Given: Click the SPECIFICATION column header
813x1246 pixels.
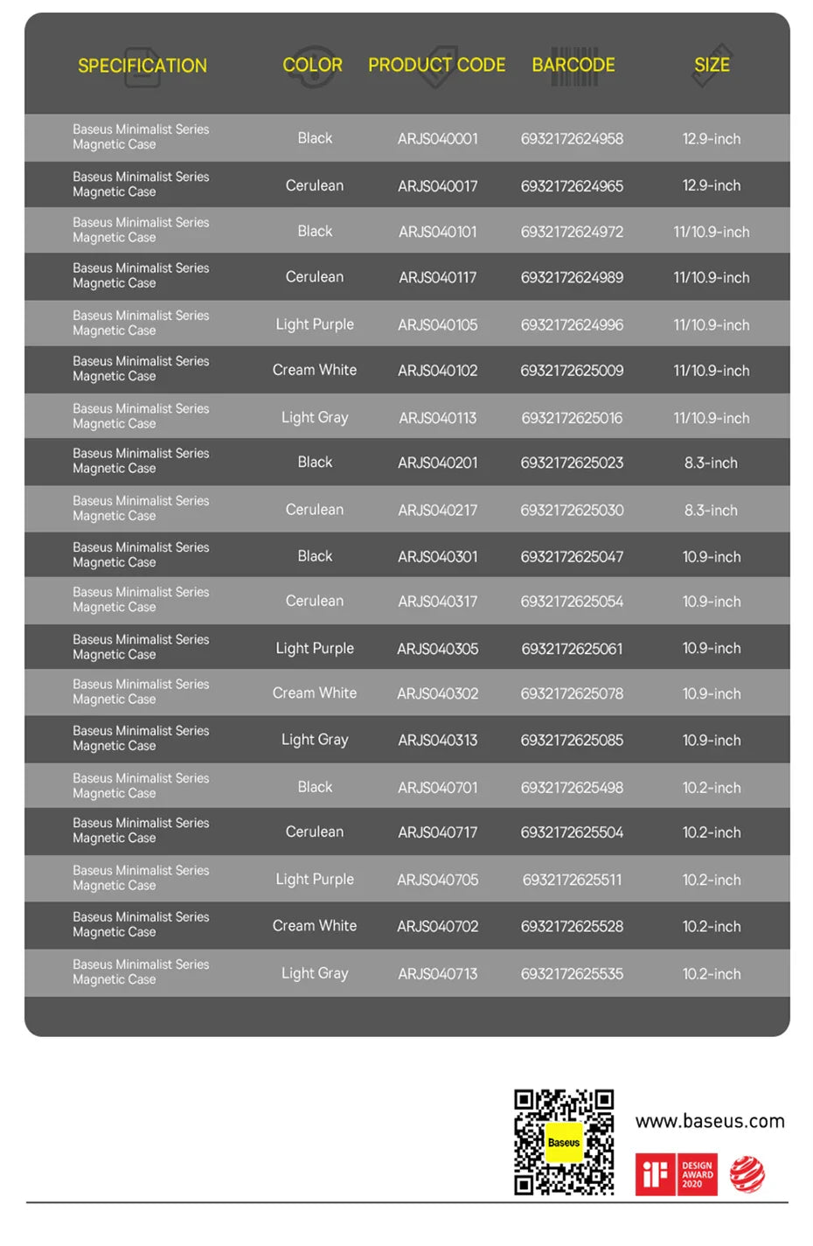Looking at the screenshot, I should pos(142,66).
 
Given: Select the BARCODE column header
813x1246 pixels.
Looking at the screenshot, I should pos(573,65).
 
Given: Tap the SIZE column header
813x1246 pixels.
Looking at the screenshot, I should pos(712,65).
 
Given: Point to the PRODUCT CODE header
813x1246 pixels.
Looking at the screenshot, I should pos(436,65).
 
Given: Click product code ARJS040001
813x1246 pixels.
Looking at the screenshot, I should pos(438,139).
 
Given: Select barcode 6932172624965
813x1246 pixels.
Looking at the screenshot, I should pos(572,186).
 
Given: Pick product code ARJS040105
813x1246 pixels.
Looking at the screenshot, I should pos(438,325).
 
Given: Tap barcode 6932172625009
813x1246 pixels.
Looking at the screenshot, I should pos(572,371).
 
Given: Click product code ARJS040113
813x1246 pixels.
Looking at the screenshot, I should pos(438,418).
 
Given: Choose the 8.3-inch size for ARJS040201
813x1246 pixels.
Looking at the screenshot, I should pos(711,463).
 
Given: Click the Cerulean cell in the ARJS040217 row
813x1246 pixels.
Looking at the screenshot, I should pos(315,510).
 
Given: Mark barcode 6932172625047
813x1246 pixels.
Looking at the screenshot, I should pos(572,557).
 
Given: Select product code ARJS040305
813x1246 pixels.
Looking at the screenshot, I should pos(438,649).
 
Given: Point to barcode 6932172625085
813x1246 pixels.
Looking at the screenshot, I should pos(572,740).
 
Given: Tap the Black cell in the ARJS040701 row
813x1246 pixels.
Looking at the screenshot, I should pos(315,787).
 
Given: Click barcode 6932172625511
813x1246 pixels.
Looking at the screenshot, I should pos(572,880).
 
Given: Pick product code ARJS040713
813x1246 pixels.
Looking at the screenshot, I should pos(438,974).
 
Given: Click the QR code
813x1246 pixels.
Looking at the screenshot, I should pos(564,1142).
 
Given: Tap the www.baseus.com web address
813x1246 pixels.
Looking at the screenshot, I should pos(710,1121).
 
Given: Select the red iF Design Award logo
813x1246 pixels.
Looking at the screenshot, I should pos(676,1174).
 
